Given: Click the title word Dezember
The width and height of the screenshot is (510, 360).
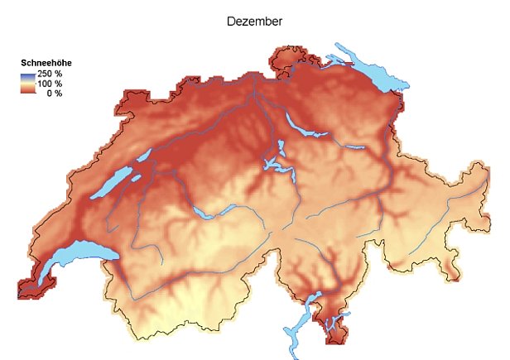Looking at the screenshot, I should [254, 21].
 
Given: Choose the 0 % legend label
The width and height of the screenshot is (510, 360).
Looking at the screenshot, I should [54, 93].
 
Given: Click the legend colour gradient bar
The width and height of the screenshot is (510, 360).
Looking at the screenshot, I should [27, 84].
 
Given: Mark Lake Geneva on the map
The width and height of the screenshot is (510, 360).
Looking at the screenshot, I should [70, 257].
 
